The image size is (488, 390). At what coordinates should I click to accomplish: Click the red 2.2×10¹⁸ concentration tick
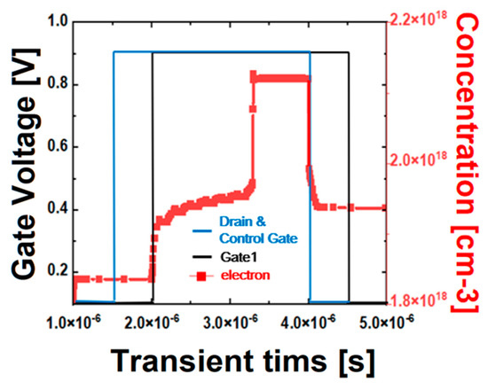(422, 19)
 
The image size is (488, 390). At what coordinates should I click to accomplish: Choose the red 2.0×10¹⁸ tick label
(422, 160)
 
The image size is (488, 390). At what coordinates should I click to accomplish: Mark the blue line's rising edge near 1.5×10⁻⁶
(114, 177)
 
